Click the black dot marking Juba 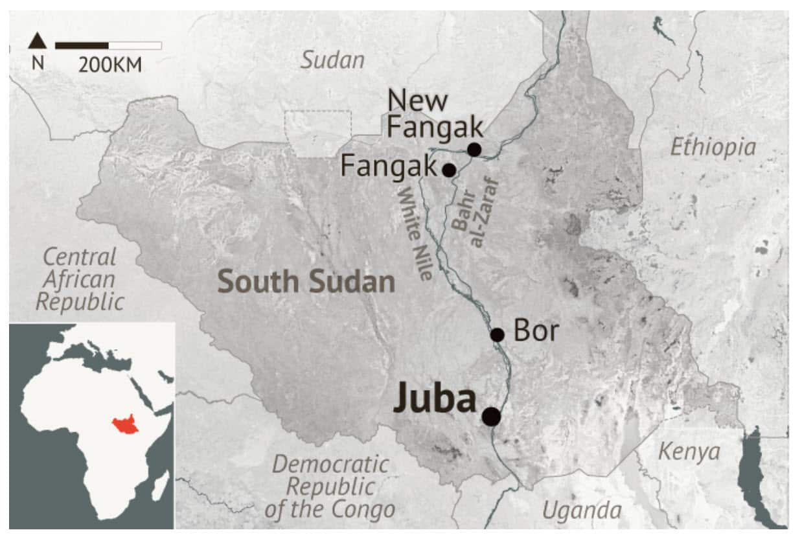491,417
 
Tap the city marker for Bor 497,335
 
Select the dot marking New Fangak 474,150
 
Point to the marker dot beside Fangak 448,170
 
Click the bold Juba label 435,399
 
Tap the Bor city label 536,331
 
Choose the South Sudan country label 306,282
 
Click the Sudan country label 332,61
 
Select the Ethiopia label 713,147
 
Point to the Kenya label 689,452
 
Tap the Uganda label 581,511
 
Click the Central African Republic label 80,279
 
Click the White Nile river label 415,234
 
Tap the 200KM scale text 109,65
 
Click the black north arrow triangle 38,41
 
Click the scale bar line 108,45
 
